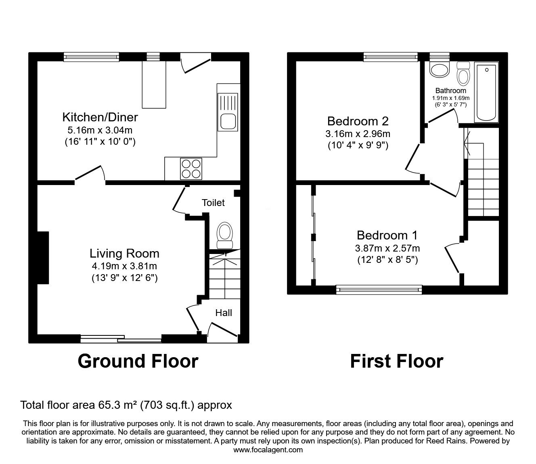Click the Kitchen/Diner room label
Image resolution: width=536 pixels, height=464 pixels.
[100, 117]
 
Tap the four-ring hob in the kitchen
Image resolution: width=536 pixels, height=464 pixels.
[191, 169]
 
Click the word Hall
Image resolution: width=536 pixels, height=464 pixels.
[223, 313]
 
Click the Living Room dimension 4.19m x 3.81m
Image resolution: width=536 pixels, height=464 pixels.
[124, 266]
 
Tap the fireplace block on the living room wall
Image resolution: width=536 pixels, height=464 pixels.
[43, 257]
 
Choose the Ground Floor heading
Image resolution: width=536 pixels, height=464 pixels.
[138, 361]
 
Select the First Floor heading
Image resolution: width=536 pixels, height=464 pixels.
[396, 361]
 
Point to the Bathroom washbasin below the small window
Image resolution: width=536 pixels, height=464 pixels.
[439, 70]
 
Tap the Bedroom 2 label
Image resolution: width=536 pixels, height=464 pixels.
[358, 121]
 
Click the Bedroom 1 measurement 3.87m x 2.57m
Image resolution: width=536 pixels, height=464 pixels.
[387, 248]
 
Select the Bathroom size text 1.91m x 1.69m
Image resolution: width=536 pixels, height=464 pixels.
[451, 98]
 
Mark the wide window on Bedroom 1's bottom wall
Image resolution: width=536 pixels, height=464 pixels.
[379, 288]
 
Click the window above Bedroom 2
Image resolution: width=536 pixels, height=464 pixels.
[390, 57]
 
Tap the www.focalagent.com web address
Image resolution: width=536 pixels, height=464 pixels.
[268, 449]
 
